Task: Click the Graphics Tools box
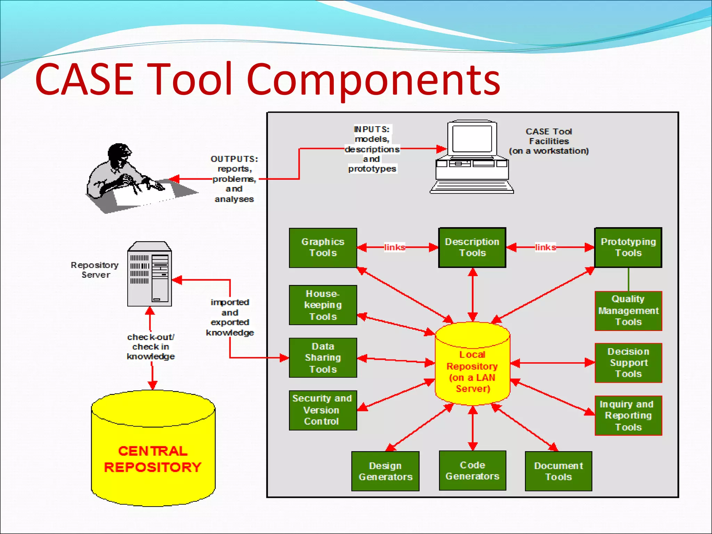[x=323, y=248]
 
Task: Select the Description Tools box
[x=472, y=248]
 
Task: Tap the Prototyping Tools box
[x=628, y=248]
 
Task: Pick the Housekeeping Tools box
[x=323, y=305]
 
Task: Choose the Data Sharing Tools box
[x=323, y=357]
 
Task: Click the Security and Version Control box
[x=323, y=410]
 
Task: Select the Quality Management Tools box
[x=628, y=310]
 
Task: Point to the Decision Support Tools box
[x=628, y=363]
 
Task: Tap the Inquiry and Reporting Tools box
[x=628, y=415]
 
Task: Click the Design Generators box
[x=385, y=471]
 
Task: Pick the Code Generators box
[x=472, y=470]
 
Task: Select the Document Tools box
[x=558, y=471]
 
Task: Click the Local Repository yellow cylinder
[x=472, y=369]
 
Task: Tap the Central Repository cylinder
[x=153, y=452]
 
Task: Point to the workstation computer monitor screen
[x=472, y=138]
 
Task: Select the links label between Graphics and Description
[x=394, y=248]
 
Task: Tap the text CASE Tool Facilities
[x=549, y=136]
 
